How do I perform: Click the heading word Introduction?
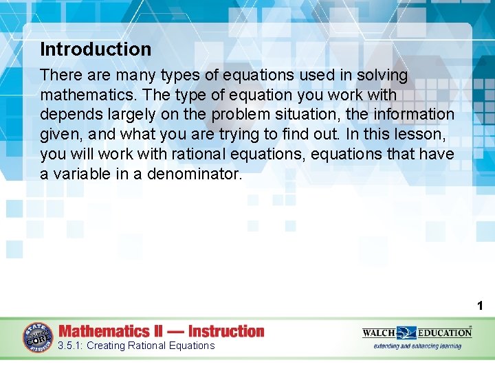point(96,49)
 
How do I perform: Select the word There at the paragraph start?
point(60,75)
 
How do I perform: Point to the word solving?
point(382,75)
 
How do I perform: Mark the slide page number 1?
point(480,306)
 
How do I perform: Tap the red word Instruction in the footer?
point(226,331)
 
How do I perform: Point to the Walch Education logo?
point(417,333)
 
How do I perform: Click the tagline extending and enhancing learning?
point(417,346)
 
